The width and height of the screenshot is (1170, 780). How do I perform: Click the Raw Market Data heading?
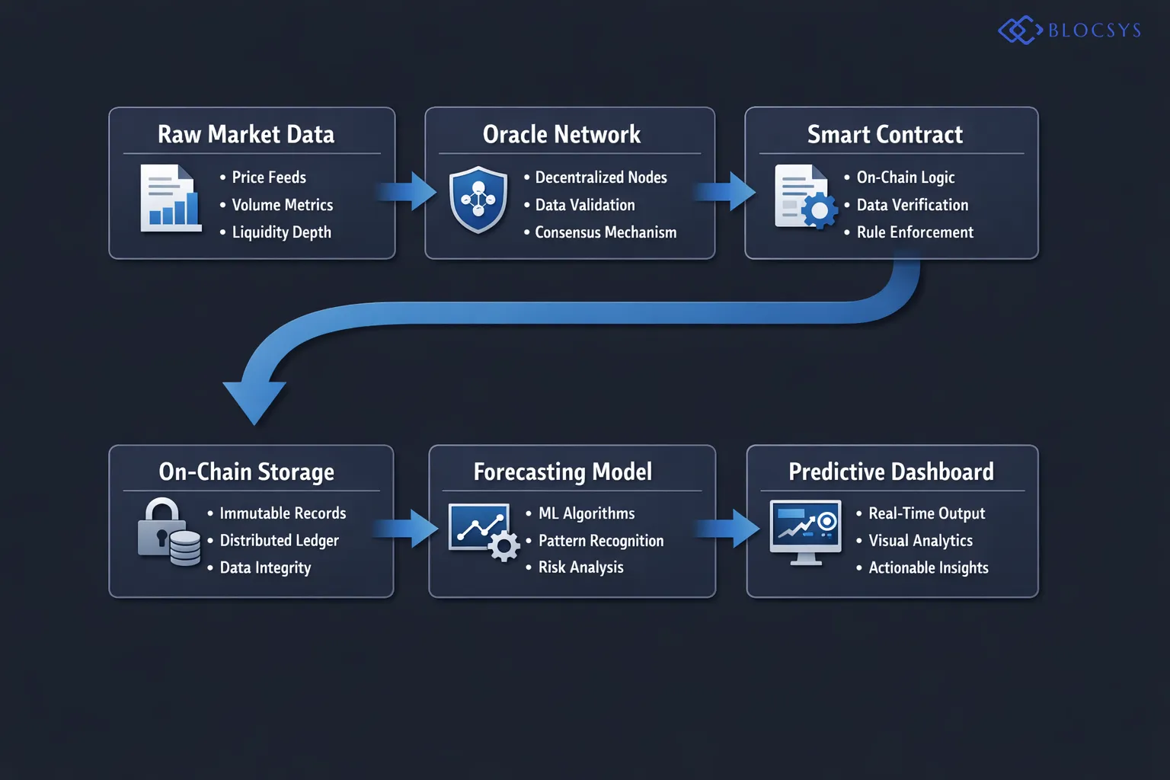pyautogui.click(x=246, y=134)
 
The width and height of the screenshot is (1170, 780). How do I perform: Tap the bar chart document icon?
pyautogui.click(x=171, y=198)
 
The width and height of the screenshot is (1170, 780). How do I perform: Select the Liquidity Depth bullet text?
pyautogui.click(x=281, y=232)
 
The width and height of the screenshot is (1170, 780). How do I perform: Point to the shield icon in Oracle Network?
pyautogui.click(x=478, y=200)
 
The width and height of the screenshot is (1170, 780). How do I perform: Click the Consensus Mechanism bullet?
pyautogui.click(x=606, y=232)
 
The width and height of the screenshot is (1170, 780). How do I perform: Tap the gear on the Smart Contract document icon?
pyautogui.click(x=820, y=210)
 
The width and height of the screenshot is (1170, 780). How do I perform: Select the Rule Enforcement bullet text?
pyautogui.click(x=915, y=232)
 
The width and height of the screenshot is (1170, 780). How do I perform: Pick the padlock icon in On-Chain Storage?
pyautogui.click(x=161, y=528)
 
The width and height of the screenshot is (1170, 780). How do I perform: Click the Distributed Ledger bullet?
pyautogui.click(x=279, y=541)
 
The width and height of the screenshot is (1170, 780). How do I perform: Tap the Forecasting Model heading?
pyautogui.click(x=563, y=472)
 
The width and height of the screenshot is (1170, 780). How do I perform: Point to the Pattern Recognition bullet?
pyautogui.click(x=601, y=541)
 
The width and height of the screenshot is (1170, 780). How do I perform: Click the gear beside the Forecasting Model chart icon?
pyautogui.click(x=503, y=546)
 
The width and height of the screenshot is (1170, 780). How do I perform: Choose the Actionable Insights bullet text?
pyautogui.click(x=929, y=567)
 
